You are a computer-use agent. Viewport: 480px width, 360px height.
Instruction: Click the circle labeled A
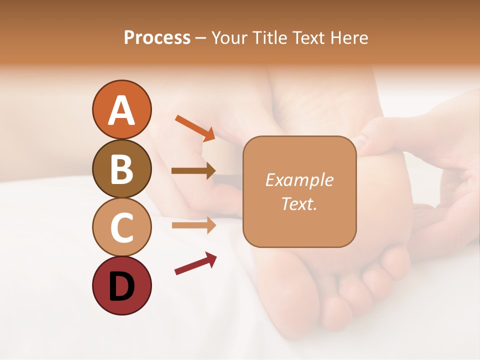coord(121,109)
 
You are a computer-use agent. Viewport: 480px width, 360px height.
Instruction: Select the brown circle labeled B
coord(121,168)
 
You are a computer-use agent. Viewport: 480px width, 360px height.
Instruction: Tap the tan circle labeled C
coord(121,227)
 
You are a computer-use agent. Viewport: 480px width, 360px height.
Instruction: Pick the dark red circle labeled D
coord(121,285)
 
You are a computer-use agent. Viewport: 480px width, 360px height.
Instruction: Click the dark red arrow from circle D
coord(195,263)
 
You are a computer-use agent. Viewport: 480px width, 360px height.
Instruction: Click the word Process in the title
coord(157,38)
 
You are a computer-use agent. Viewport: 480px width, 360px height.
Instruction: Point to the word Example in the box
coord(299,180)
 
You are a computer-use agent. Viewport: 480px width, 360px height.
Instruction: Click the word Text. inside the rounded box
coord(299,203)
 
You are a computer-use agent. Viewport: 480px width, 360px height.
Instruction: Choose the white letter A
coord(121,110)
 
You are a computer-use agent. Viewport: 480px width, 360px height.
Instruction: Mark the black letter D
coord(121,286)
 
